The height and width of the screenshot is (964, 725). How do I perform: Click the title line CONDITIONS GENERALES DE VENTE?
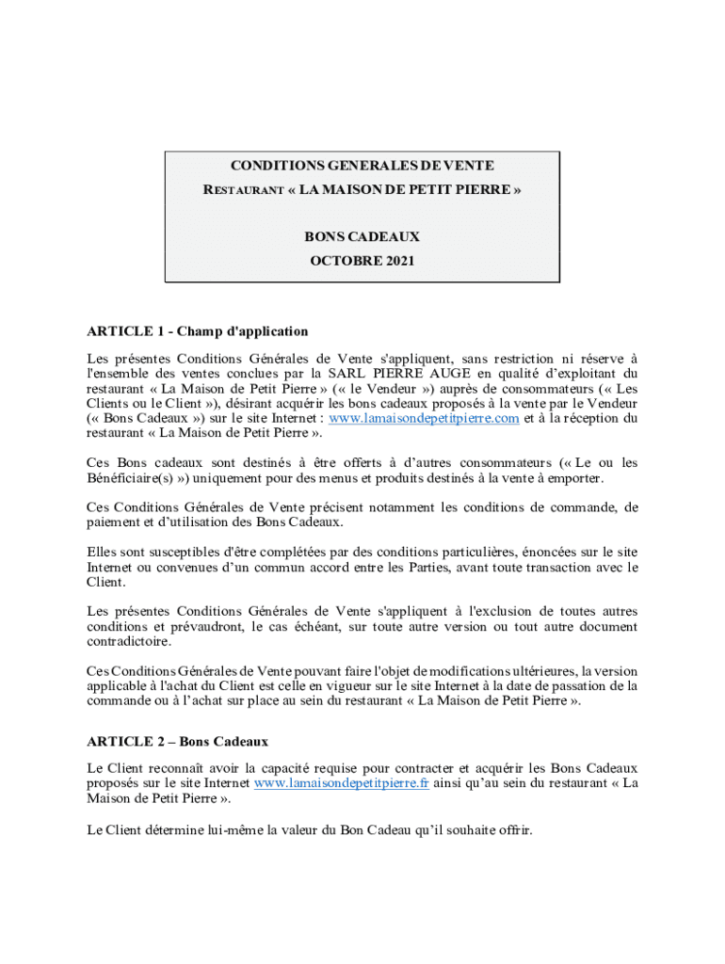pyautogui.click(x=362, y=166)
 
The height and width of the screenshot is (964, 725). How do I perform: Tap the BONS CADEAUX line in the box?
pyautogui.click(x=362, y=236)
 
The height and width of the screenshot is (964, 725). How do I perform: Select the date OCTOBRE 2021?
pyautogui.click(x=362, y=261)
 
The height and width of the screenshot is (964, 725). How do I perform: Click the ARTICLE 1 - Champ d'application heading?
pyautogui.click(x=198, y=331)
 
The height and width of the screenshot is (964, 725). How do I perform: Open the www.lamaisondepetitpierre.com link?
pyautogui.click(x=424, y=418)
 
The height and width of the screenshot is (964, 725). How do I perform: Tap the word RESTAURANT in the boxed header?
pyautogui.click(x=244, y=191)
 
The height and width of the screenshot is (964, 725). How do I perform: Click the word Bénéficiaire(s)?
pyautogui.click(x=126, y=478)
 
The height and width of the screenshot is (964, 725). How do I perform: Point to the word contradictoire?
pyautogui.click(x=131, y=642)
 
